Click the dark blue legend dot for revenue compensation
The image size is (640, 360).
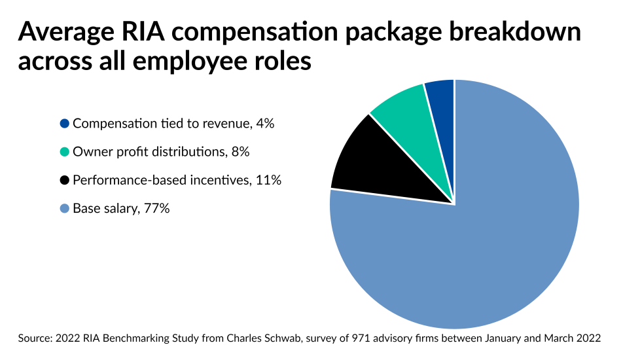[x=64, y=124]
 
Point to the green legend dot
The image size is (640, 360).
[x=64, y=152]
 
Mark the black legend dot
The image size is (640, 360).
[x=64, y=180]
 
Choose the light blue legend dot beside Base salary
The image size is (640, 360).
[x=64, y=209]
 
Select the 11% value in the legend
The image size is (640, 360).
[x=270, y=180]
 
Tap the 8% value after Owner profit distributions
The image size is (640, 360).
[x=240, y=152]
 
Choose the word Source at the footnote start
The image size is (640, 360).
[x=35, y=338]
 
